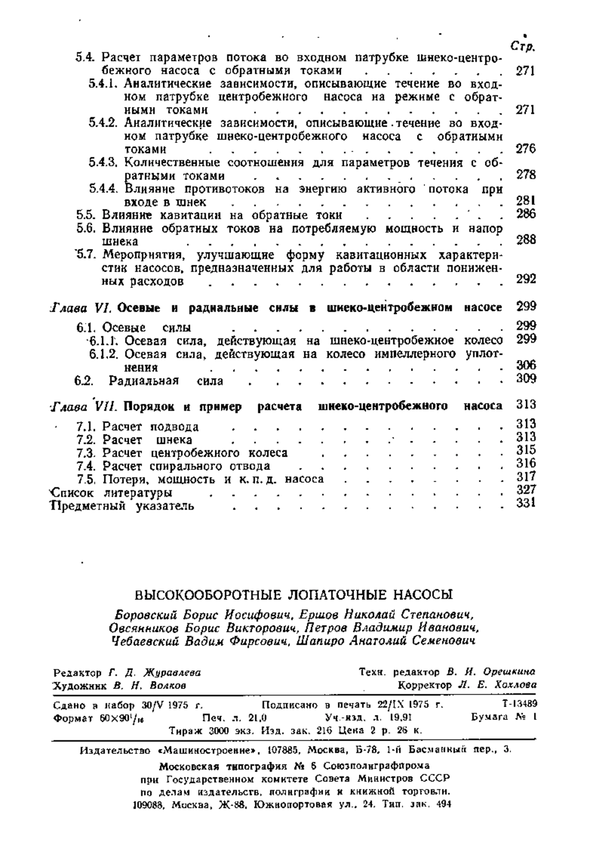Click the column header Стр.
[x=523, y=47]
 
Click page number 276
[x=526, y=149]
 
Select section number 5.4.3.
[x=104, y=162]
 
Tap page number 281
[x=526, y=200]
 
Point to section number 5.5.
[x=87, y=215]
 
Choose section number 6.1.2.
[x=104, y=354]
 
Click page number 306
[x=526, y=365]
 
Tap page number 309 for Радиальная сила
[x=526, y=378]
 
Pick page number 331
[x=526, y=503]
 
